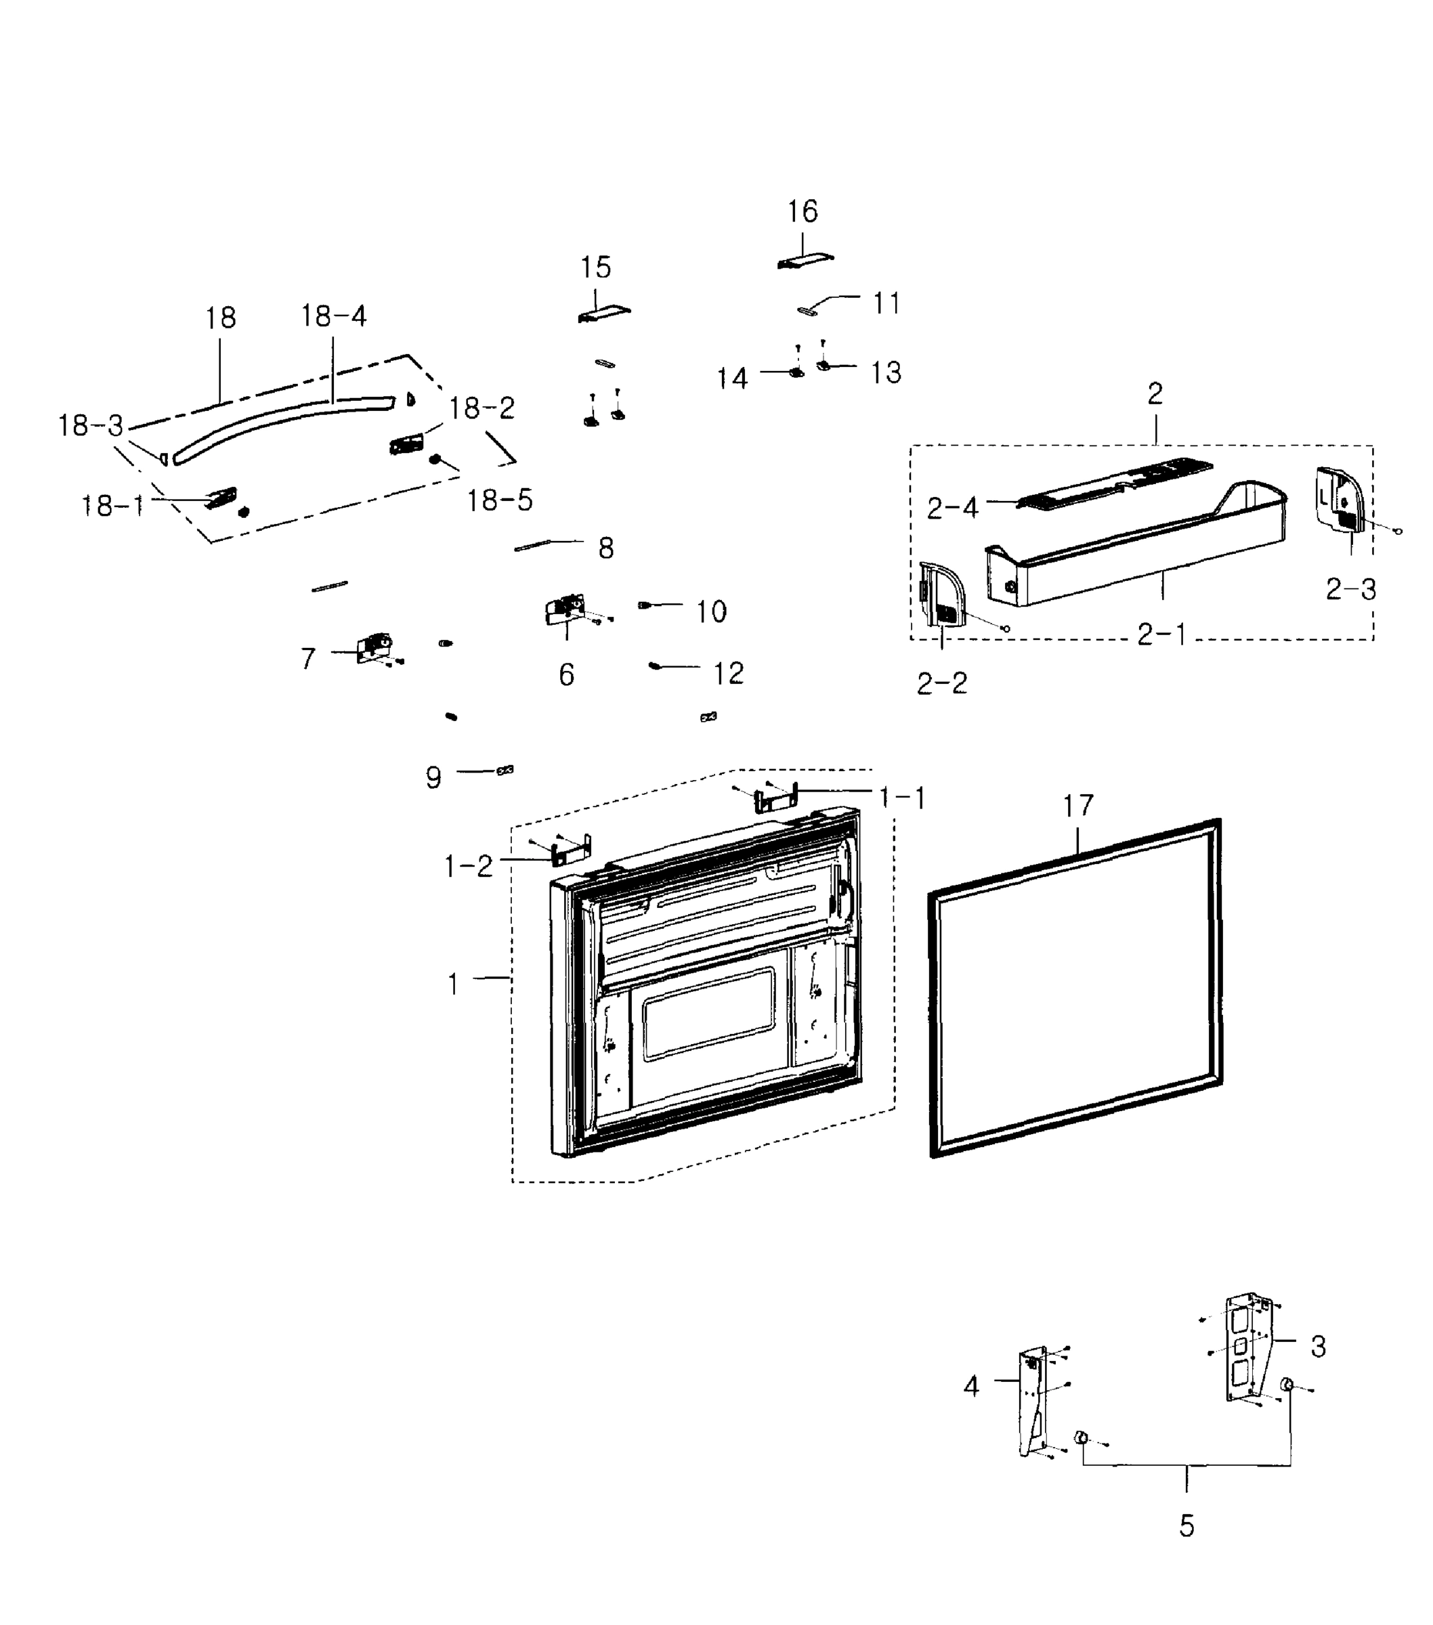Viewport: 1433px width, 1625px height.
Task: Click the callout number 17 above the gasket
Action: pos(1078,805)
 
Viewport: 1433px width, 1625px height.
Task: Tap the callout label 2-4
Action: pos(952,508)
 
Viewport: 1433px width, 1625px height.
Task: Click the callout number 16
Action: pos(803,211)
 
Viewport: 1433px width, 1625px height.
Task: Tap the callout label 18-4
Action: pos(333,316)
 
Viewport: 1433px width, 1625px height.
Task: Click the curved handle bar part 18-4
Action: pos(278,421)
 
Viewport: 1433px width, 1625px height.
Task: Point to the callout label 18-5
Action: pos(499,500)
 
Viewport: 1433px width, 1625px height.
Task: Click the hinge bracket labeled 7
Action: pos(374,647)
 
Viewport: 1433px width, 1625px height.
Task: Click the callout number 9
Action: pos(433,777)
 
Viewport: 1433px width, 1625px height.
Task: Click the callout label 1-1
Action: pos(903,798)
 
